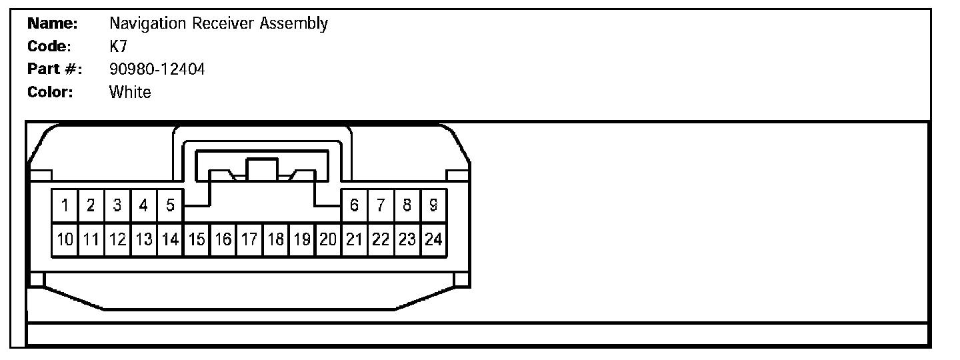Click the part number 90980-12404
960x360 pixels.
(157, 69)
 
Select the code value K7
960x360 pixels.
(118, 46)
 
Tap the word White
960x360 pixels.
(130, 92)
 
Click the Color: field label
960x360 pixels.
(50, 92)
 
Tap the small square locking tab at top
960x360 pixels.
(262, 169)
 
